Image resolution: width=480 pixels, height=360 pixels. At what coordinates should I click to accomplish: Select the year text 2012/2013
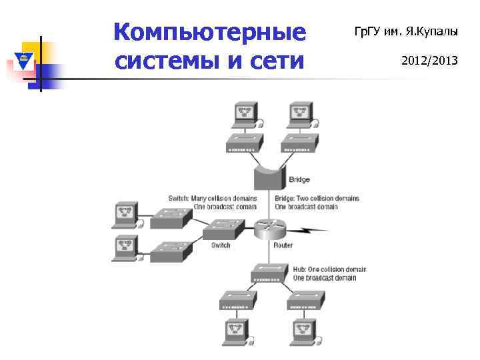click(429, 61)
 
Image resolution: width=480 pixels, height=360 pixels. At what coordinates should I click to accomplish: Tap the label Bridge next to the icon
click(299, 180)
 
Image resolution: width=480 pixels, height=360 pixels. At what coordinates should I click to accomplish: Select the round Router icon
click(270, 229)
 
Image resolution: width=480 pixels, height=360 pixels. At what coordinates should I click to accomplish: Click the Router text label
click(283, 245)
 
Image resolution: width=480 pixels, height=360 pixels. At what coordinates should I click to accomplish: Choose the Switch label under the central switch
click(221, 245)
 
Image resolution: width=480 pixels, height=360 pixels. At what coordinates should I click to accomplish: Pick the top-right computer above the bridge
click(298, 115)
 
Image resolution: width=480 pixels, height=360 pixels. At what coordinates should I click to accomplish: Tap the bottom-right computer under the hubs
click(304, 331)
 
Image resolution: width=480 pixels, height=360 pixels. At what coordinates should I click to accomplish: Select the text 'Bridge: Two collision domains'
click(317, 198)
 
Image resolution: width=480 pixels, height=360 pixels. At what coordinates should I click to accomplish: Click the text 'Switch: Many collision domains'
click(212, 198)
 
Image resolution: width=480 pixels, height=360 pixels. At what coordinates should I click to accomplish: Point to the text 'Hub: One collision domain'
click(329, 269)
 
